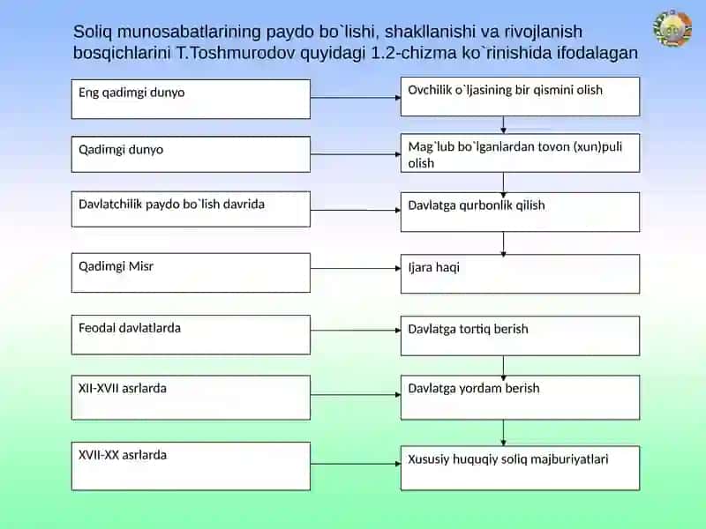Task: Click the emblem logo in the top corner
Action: [672, 28]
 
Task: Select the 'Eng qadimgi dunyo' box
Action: [191, 99]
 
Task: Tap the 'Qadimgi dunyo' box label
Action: [121, 149]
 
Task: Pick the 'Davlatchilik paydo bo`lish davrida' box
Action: [191, 209]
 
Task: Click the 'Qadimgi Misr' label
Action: [116, 266]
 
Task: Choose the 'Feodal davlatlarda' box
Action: [191, 335]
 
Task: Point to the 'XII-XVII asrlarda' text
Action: [123, 388]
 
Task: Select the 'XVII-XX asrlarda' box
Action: [191, 466]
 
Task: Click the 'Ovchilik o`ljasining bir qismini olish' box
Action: [520, 96]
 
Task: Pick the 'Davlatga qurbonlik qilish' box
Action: [520, 212]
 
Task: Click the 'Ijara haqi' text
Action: [433, 268]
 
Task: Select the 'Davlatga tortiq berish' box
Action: [520, 336]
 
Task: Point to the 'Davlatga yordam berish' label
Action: [474, 388]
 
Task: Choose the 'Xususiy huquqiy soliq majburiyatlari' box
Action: [520, 468]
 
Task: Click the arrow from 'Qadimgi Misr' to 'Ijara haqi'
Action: [356, 269]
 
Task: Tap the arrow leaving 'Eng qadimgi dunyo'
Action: [356, 97]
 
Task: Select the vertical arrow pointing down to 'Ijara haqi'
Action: [503, 244]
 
